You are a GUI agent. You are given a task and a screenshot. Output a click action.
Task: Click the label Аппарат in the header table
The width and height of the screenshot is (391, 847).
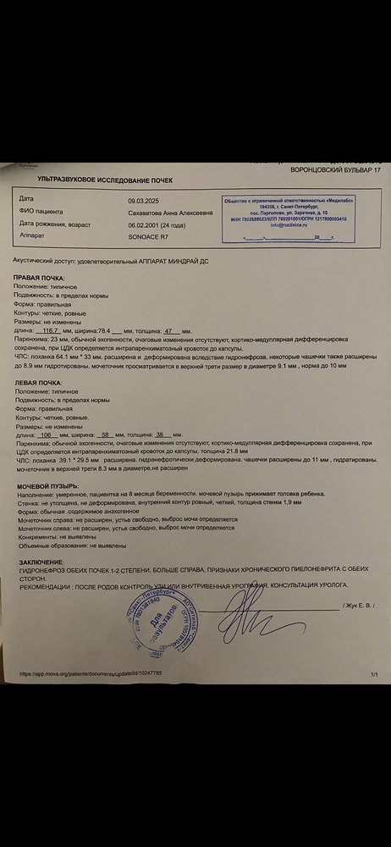pyautogui.click(x=32, y=236)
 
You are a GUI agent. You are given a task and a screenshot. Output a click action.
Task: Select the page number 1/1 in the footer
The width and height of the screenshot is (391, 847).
pyautogui.click(x=373, y=673)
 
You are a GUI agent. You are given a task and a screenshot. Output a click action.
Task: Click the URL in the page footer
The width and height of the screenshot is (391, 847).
pyautogui.click(x=91, y=673)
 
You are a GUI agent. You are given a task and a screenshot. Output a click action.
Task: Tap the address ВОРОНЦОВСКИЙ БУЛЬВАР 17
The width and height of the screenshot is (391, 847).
pyautogui.click(x=335, y=170)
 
